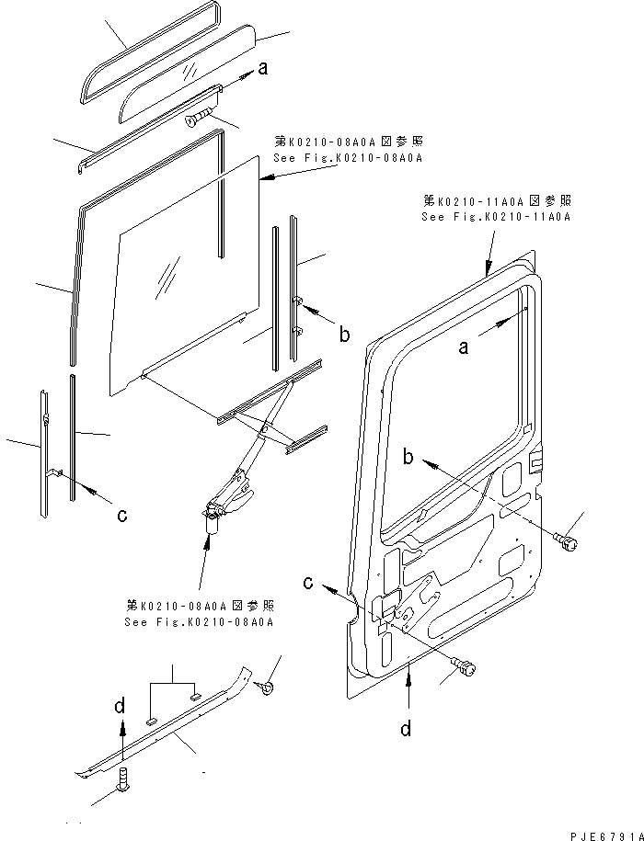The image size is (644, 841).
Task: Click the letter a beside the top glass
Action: pyautogui.click(x=263, y=68)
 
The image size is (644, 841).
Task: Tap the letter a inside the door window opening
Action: pyautogui.click(x=463, y=347)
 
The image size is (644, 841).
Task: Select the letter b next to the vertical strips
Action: pyautogui.click(x=344, y=335)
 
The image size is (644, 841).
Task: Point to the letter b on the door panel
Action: pyautogui.click(x=408, y=457)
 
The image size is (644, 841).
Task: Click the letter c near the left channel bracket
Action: pyautogui.click(x=122, y=515)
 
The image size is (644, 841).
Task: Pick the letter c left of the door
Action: pyautogui.click(x=308, y=583)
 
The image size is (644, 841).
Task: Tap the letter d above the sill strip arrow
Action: pyautogui.click(x=121, y=706)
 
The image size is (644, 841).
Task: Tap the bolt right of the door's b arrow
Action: pyautogui.click(x=566, y=541)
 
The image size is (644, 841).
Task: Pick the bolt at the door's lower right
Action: pyautogui.click(x=465, y=666)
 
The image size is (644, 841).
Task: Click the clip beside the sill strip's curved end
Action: pyautogui.click(x=265, y=688)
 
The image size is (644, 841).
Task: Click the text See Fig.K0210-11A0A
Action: pyautogui.click(x=496, y=217)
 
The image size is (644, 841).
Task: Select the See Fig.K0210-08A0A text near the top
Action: pyautogui.click(x=348, y=158)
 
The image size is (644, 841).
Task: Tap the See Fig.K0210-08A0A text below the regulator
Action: pyautogui.click(x=199, y=621)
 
